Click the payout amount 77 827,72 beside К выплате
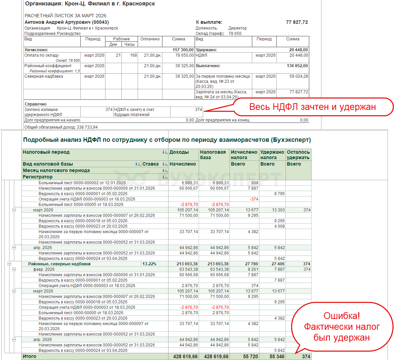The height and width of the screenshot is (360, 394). [297, 22]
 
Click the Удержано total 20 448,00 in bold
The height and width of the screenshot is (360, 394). [298, 50]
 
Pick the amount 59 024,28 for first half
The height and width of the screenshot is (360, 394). [299, 76]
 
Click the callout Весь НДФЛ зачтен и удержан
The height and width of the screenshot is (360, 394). [312, 107]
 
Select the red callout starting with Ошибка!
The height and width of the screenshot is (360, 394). [341, 327]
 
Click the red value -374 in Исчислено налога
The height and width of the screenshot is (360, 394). [254, 199]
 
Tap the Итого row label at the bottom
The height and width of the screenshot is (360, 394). [29, 357]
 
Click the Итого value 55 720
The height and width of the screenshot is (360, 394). [251, 357]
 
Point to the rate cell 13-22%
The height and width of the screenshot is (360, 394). [149, 264]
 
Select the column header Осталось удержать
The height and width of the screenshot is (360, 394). [298, 155]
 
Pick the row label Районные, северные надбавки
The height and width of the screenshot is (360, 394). [59, 264]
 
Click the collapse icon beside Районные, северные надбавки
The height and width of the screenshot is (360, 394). [9, 264]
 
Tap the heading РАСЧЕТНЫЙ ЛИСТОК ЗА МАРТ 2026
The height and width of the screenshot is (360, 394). [65, 16]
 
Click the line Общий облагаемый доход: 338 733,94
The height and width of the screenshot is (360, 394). [61, 127]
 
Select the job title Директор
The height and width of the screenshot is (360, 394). [237, 28]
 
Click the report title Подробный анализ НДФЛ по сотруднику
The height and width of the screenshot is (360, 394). [167, 140]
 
